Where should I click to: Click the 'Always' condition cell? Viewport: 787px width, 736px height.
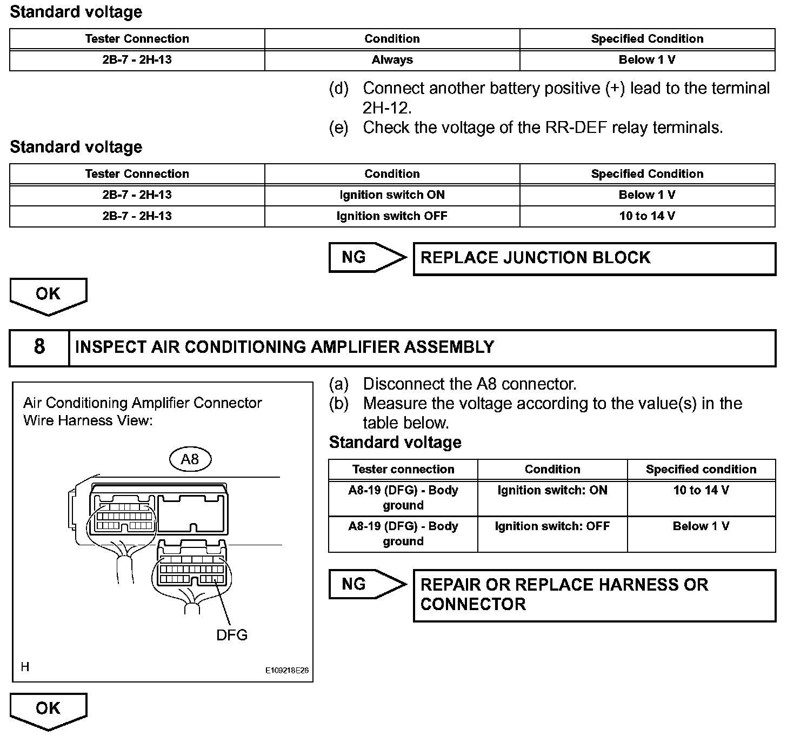tap(392, 60)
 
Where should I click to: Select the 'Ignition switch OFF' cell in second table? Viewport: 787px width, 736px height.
tap(392, 216)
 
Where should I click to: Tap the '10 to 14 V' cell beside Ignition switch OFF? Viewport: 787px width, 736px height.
tap(647, 216)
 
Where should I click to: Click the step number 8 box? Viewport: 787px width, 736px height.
tap(39, 347)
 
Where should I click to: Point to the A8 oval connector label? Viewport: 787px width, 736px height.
tap(190, 459)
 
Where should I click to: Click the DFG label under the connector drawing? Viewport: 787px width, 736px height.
tap(232, 635)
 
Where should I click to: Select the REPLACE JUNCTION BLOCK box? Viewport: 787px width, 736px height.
tap(594, 258)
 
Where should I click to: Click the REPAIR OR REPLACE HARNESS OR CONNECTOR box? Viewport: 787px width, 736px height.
tap(594, 594)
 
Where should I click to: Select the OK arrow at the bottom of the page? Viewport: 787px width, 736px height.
tap(48, 710)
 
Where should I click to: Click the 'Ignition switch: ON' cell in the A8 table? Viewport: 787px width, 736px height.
tap(552, 491)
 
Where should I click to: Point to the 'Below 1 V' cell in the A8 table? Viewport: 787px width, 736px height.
tap(701, 526)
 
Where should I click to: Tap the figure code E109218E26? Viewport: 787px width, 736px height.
tap(286, 670)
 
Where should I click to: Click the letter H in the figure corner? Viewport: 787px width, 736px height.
tap(25, 667)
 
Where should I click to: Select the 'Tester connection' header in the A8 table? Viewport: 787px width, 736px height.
tap(403, 470)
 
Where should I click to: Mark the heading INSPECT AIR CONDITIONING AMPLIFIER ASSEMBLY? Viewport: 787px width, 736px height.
tap(285, 347)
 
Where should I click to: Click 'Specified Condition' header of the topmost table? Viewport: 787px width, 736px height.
tap(647, 39)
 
